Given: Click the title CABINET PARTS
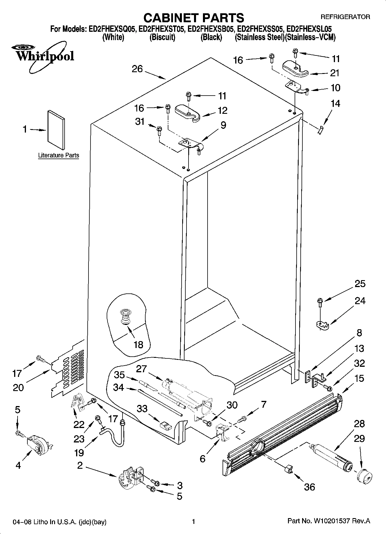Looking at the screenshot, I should (193, 18).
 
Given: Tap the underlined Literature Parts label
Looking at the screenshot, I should (59, 155).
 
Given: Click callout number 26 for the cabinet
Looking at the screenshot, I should (137, 69).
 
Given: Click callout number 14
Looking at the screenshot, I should (335, 103).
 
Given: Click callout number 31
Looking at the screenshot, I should (140, 122).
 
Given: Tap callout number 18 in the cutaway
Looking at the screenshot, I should (138, 345).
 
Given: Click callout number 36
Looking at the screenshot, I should (310, 487).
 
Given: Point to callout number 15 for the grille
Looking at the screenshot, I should (359, 378).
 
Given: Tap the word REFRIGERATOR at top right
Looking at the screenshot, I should (345, 17).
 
